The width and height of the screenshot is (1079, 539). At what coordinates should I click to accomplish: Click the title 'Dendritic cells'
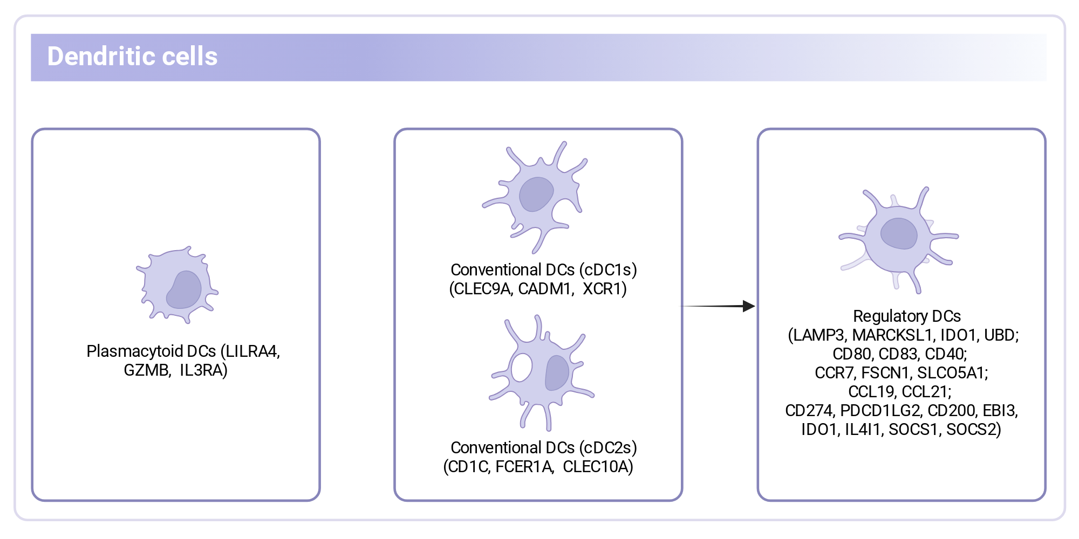pos(132,56)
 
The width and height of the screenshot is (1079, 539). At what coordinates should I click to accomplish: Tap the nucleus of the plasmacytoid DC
pos(185,289)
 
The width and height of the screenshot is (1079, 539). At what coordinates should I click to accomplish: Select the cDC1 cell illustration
pos(535,197)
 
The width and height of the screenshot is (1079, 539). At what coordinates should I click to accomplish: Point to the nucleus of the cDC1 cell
pos(536,195)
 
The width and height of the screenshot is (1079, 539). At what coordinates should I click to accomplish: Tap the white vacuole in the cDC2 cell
pos(522,367)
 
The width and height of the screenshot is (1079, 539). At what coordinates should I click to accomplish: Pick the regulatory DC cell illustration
pos(898,240)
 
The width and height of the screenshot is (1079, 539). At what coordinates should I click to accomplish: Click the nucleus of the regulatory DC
pos(899,233)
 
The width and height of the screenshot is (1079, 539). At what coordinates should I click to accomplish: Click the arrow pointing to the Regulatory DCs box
pos(717,306)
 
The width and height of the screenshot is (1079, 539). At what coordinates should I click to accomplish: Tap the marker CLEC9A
pos(482,289)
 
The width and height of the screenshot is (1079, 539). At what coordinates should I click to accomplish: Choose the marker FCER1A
pos(524,467)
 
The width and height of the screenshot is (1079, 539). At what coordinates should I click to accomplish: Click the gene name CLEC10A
pos(595,467)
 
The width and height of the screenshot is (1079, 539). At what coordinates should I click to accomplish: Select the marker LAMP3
pos(819,335)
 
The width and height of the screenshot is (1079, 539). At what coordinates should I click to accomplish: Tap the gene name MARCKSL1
pos(893,335)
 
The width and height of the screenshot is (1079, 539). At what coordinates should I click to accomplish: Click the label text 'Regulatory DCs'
pos(907,316)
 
